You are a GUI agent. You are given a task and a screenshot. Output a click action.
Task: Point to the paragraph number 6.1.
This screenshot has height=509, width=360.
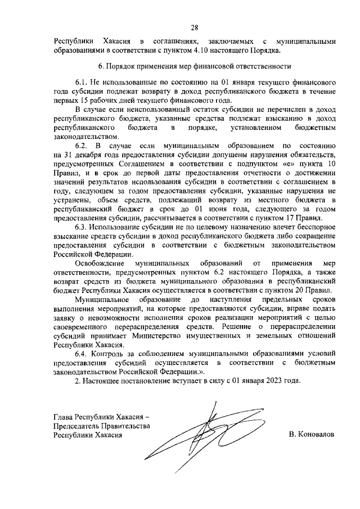[x=82, y=82]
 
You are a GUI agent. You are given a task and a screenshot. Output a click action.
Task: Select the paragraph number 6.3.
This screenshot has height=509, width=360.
[x=82, y=226]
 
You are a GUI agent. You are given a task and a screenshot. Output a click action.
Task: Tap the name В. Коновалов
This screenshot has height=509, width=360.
[x=310, y=435]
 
